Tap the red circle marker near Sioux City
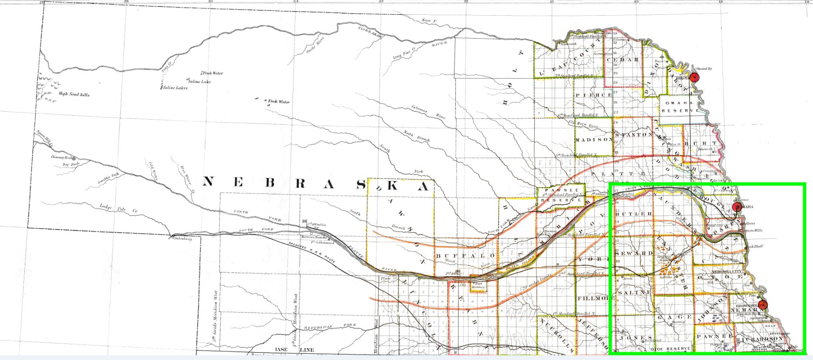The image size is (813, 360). click(x=695, y=77)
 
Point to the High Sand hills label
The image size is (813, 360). click(x=74, y=94)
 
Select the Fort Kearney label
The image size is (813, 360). click(x=477, y=286)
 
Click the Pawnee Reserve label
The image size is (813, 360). click(x=561, y=196)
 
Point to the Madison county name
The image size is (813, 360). click(x=593, y=140)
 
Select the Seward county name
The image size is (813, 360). click(x=635, y=253)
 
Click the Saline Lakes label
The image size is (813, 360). click(x=175, y=88)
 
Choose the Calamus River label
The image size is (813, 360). click(x=428, y=112)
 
